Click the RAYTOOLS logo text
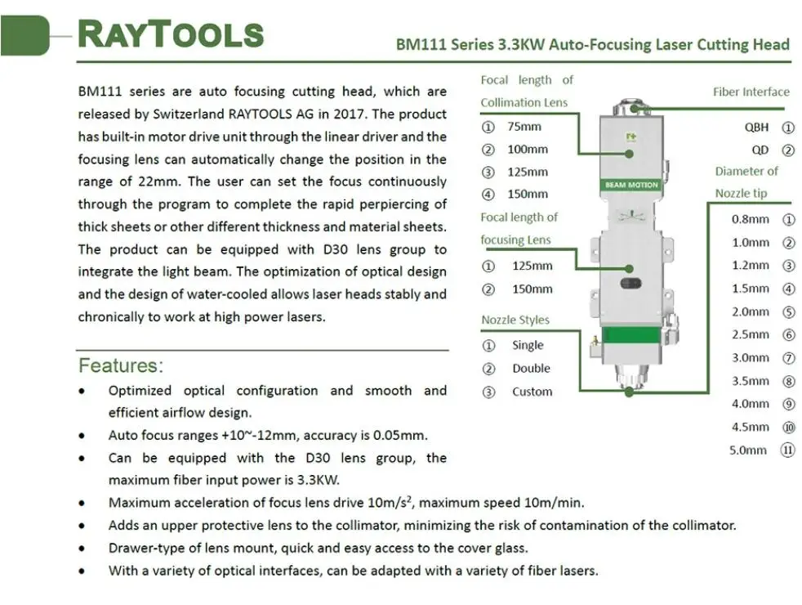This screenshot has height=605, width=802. point(170,34)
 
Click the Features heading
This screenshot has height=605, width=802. point(121,365)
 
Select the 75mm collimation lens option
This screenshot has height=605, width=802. point(524,127)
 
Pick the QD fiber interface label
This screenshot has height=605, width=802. point(760,150)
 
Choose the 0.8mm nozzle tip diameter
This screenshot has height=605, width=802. point(750,219)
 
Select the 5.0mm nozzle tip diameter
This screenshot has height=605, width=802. point(748,450)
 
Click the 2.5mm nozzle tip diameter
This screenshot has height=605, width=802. point(750,334)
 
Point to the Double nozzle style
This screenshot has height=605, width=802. point(531,369)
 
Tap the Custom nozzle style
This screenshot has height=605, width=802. point(532,392)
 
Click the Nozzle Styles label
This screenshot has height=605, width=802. point(515,320)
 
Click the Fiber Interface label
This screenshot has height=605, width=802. point(751,92)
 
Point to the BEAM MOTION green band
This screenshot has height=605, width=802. point(631,186)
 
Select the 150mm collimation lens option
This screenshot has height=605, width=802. point(527,195)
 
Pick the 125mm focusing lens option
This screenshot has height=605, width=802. point(532,266)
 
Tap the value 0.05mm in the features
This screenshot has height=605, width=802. point(400,436)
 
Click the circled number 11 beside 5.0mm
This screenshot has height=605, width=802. point(788,450)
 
